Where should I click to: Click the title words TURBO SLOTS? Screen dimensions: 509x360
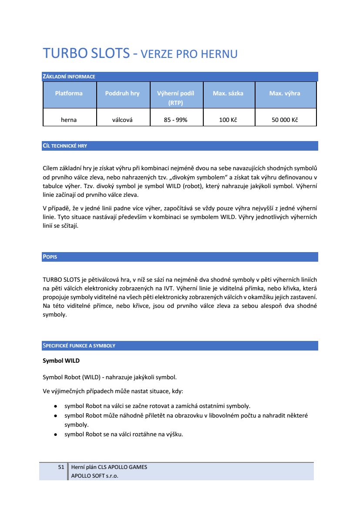tap(86, 54)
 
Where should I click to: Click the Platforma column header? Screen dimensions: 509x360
tap(69, 93)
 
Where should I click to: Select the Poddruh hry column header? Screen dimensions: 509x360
tap(122, 93)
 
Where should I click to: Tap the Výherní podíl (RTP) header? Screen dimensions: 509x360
tap(175, 98)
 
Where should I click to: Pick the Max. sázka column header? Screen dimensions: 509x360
tap(228, 93)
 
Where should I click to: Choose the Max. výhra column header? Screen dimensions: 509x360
tap(285, 93)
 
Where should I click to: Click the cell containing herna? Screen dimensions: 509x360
tap(69, 120)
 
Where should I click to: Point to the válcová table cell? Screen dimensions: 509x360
tap(122, 120)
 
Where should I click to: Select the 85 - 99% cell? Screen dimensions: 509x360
tap(175, 120)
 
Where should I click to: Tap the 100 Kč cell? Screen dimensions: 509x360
tap(228, 120)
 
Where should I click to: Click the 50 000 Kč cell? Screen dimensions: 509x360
tap(285, 120)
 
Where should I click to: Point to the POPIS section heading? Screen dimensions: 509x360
tap(50, 257)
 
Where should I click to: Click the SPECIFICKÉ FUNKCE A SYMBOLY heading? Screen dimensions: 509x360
tap(79, 346)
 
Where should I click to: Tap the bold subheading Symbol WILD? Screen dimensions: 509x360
tap(61, 361)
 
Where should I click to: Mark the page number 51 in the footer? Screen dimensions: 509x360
tap(61, 467)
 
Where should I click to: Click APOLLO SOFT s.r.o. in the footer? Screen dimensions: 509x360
tap(94, 475)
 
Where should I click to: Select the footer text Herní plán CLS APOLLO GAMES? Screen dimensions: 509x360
tap(109, 467)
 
